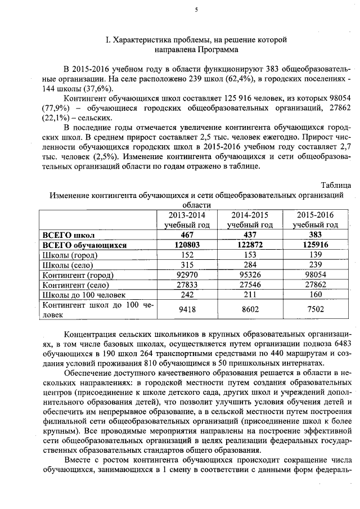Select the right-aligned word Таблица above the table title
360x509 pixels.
[x=336, y=185]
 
